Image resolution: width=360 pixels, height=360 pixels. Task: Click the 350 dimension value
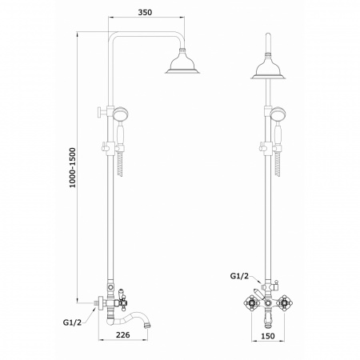click(x=145, y=12)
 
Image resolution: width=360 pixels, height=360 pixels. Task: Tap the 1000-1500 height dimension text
click(x=73, y=167)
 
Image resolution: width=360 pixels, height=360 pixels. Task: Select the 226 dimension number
click(x=123, y=334)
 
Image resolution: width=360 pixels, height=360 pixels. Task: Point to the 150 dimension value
click(x=268, y=336)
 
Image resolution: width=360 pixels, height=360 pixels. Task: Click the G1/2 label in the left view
click(x=72, y=322)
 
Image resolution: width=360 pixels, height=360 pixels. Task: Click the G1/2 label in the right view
click(x=239, y=276)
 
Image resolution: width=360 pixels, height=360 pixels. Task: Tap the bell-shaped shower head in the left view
click(x=182, y=62)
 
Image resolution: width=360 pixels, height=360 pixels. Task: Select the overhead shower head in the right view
click(x=268, y=67)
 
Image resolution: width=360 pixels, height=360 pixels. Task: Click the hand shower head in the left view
click(x=121, y=113)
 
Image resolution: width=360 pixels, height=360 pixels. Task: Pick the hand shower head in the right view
click(x=278, y=113)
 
